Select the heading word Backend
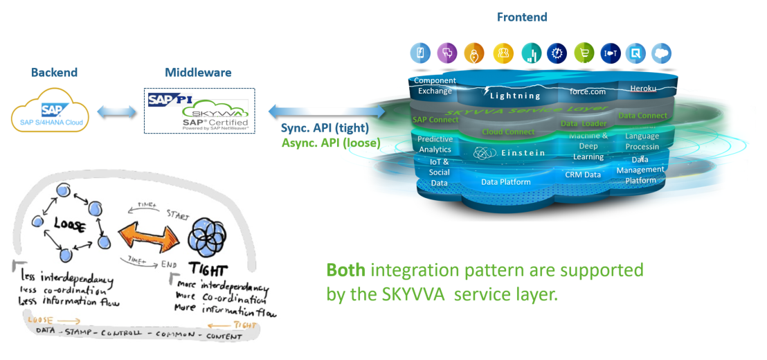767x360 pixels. click(54, 73)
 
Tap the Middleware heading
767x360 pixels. click(198, 73)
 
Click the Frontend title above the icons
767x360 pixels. click(522, 17)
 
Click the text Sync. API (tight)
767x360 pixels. click(325, 128)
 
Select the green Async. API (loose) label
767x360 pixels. click(330, 143)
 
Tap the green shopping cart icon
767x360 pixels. click(584, 53)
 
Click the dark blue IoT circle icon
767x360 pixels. click(610, 53)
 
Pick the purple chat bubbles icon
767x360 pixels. click(447, 53)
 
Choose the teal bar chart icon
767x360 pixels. click(530, 53)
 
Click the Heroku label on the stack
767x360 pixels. click(642, 88)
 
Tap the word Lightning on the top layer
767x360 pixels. click(515, 96)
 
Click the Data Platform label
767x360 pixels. click(505, 182)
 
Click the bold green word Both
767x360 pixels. click(344, 269)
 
